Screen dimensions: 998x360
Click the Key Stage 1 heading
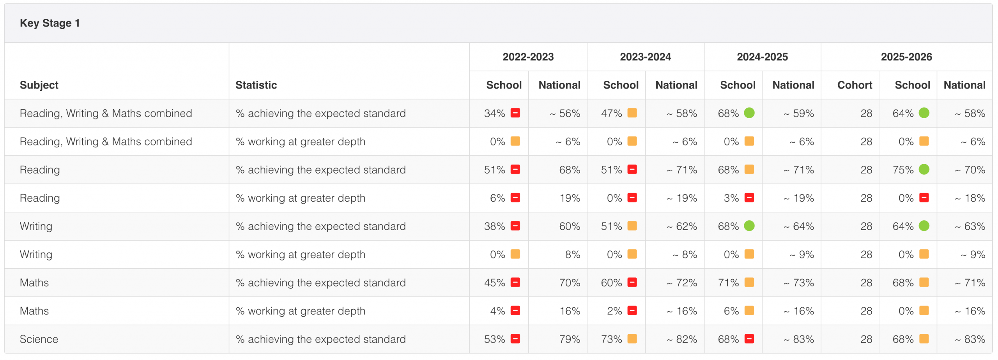tap(50, 23)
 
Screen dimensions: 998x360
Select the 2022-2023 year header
tap(528, 57)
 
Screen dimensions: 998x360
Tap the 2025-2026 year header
tap(906, 57)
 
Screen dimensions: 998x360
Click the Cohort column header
tap(855, 85)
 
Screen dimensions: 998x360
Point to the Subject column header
tap(39, 85)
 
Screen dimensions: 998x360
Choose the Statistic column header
tap(256, 85)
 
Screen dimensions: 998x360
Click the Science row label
tap(39, 339)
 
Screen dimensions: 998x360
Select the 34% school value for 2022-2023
tap(494, 113)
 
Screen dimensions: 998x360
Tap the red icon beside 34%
tap(515, 113)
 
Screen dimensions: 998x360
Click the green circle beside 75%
tap(924, 169)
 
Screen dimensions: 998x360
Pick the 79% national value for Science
tap(570, 339)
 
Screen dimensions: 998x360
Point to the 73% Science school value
tap(611, 339)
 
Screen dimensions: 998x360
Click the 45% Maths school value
tap(494, 282)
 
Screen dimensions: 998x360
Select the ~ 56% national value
tap(565, 113)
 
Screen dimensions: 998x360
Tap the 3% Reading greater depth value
tap(731, 198)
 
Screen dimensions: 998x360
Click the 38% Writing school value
tap(494, 226)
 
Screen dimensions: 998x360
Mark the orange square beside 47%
tap(632, 113)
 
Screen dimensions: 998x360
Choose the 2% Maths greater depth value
tap(614, 311)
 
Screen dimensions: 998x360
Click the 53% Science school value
tap(494, 339)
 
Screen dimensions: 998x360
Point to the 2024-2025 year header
tap(762, 57)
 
